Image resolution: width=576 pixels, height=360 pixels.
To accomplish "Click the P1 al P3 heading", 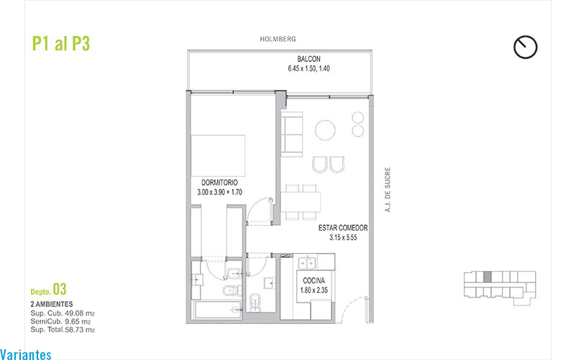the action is coord(61,43).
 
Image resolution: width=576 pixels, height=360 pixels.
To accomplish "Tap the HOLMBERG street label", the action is coord(278,39).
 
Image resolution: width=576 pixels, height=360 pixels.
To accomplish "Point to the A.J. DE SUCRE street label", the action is coord(388,190).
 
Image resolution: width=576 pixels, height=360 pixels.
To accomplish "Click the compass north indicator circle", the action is coord(526,47).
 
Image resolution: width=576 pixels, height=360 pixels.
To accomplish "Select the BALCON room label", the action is coord(309,59).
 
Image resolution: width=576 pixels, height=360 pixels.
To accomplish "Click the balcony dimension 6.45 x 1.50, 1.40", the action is coord(309,69).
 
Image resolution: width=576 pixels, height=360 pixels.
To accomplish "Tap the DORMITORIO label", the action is coord(219,183).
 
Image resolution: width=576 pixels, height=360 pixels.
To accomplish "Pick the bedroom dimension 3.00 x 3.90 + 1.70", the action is coord(219,192).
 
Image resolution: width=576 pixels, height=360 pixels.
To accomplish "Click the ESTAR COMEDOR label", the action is coord(343,228).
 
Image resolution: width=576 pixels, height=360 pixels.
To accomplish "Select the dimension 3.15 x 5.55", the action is coord(343,237).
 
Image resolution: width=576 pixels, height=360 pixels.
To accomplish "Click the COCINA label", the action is coord(314,281).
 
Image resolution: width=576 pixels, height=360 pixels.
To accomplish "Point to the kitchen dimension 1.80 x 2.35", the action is coord(314,290).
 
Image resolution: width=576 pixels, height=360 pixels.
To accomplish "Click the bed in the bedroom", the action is coord(218,156).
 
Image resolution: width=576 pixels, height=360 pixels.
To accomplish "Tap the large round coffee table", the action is coord(325,130).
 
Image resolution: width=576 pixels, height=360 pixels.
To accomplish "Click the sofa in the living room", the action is coord(292,134).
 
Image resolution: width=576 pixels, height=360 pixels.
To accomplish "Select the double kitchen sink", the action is coord(307,263).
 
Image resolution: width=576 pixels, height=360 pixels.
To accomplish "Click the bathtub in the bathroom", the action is coord(217,310).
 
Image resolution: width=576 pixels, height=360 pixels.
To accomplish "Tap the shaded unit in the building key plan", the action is coord(487,277).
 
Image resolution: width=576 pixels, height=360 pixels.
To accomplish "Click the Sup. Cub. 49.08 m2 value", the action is coord(63,313).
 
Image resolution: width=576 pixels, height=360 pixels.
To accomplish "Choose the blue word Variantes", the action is coord(26,355).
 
